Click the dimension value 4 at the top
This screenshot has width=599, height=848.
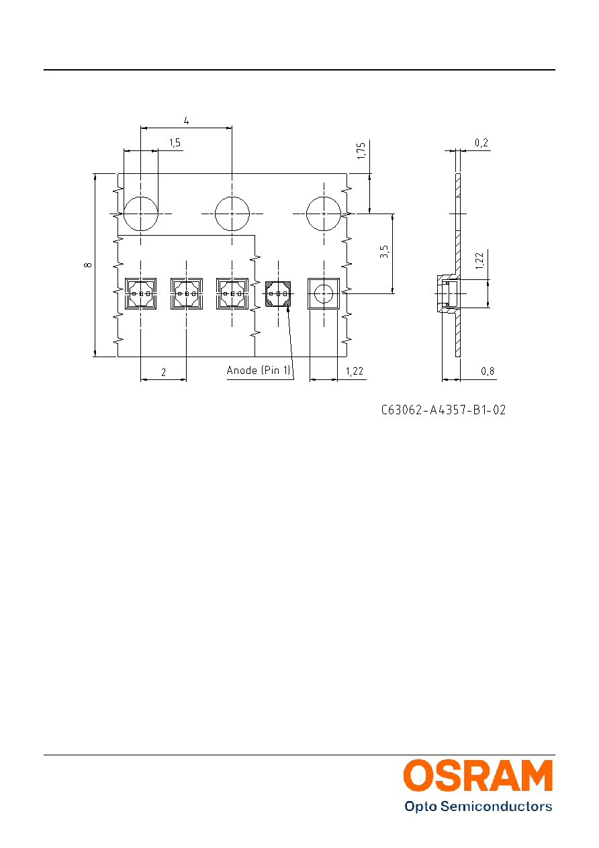coord(186,121)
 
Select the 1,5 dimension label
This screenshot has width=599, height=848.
coord(175,143)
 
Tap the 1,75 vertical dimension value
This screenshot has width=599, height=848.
coord(361,150)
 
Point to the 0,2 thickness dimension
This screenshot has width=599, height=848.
coord(481,143)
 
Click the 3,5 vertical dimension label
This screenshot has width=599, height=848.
coord(384,252)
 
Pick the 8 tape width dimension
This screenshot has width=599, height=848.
coord(87,265)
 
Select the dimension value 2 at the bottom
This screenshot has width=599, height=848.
coord(164,373)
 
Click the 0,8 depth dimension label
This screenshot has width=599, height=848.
coord(488,371)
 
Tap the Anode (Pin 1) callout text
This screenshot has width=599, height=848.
coord(259,370)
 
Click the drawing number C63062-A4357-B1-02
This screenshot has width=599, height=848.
coord(443,410)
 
